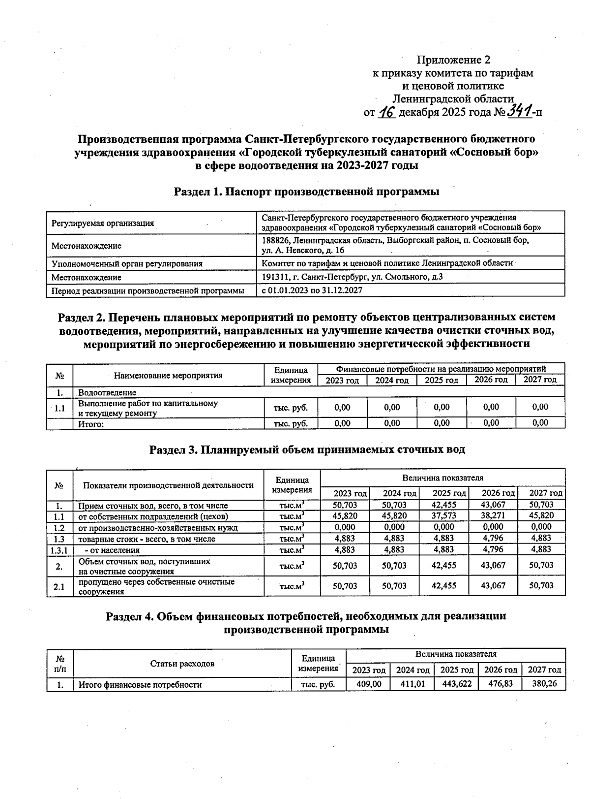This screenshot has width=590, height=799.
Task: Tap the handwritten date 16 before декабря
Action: pyautogui.click(x=387, y=112)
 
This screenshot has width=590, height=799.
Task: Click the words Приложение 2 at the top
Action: pyautogui.click(x=453, y=60)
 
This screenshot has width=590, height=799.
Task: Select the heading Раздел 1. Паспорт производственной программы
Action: pyautogui.click(x=306, y=192)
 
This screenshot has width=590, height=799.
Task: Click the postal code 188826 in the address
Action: pyautogui.click(x=276, y=241)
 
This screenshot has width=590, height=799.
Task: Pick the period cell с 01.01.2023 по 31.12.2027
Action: pyautogui.click(x=312, y=290)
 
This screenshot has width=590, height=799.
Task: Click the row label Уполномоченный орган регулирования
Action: pyautogui.click(x=127, y=263)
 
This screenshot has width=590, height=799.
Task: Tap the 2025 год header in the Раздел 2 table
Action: pyautogui.click(x=441, y=380)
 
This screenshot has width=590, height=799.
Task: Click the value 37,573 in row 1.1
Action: pyautogui.click(x=443, y=516)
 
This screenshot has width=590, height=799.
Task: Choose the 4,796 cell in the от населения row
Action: pyautogui.click(x=493, y=549)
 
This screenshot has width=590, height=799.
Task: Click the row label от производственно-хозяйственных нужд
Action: pyautogui.click(x=158, y=528)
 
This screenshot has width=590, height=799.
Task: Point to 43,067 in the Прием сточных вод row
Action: pyautogui.click(x=493, y=505)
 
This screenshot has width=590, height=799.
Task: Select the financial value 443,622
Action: pyautogui.click(x=456, y=684)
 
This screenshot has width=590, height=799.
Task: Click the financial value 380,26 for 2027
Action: pyautogui.click(x=544, y=684)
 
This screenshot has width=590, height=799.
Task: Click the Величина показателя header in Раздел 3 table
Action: pyautogui.click(x=442, y=478)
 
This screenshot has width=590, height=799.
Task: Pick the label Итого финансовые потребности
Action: pyautogui.click(x=140, y=685)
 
